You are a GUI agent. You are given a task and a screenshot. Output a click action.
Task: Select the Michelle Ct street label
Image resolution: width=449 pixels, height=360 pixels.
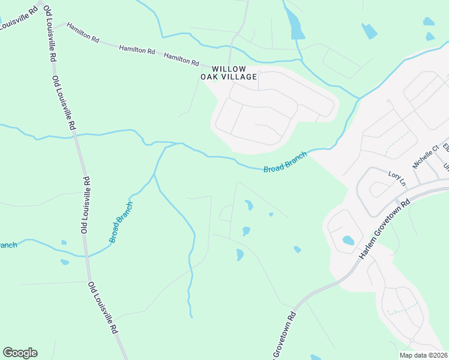point(422,158)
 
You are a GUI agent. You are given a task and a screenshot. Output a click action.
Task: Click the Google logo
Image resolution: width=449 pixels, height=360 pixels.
point(20,353)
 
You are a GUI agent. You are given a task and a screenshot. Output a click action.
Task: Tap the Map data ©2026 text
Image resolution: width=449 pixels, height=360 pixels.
point(424,355)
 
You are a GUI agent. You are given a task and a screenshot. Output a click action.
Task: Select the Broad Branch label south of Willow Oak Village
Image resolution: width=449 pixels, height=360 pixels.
point(285,162)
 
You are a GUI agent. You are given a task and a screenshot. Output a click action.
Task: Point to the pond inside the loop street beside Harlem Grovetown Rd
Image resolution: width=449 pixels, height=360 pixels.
point(348,241)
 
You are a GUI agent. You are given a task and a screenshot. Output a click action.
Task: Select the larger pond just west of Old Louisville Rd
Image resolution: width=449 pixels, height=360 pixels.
point(65,262)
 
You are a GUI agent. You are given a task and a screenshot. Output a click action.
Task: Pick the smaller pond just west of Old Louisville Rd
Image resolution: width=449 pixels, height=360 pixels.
point(64,242)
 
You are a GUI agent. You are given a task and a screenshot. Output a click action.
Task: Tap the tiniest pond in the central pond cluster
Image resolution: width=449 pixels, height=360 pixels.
point(271,214)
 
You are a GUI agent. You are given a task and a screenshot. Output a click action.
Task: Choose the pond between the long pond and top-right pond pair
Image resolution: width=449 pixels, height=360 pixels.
point(370,31)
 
